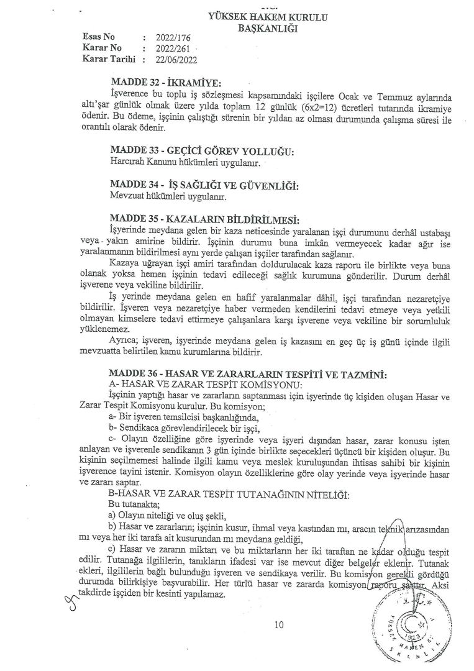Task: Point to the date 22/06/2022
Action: pos(180,60)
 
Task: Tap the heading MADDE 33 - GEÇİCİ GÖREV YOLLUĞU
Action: pos(201,153)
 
